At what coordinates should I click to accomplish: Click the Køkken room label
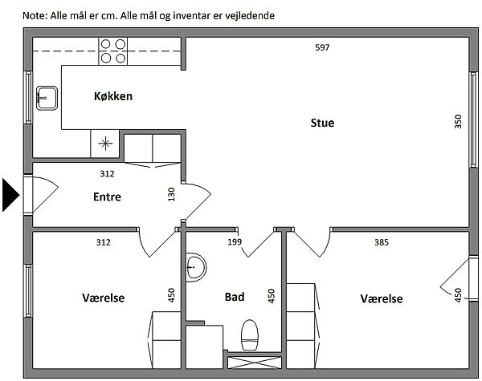pyautogui.click(x=112, y=96)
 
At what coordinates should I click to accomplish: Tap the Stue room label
pyautogui.click(x=322, y=123)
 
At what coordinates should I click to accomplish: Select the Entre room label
pyautogui.click(x=107, y=197)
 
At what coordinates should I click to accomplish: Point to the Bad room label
pyautogui.click(x=234, y=297)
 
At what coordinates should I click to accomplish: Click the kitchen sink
pyautogui.click(x=45, y=99)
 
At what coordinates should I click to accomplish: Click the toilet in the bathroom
pyautogui.click(x=250, y=333)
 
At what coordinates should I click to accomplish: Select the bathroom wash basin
pyautogui.click(x=195, y=267)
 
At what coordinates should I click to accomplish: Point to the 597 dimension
pyautogui.click(x=322, y=47)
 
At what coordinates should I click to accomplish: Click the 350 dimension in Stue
pyautogui.click(x=458, y=122)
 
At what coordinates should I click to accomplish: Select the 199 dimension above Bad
pyautogui.click(x=235, y=241)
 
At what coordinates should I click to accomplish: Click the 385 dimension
pyautogui.click(x=382, y=241)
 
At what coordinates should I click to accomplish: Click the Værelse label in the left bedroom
pyautogui.click(x=104, y=298)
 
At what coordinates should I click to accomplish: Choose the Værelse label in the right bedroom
pyautogui.click(x=382, y=298)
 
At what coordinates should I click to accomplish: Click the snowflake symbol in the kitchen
pyautogui.click(x=104, y=144)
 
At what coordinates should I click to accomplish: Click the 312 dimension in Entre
pyautogui.click(x=107, y=173)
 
